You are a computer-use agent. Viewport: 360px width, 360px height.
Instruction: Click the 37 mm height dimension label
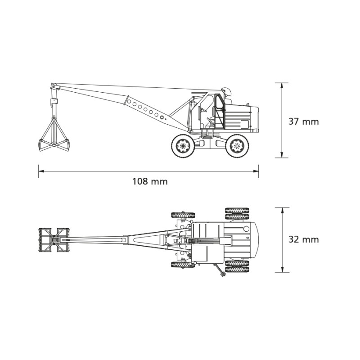pos(303,121)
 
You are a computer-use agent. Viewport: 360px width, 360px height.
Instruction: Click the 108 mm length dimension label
pos(150,181)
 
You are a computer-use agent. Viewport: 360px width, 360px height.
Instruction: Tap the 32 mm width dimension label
pos(303,239)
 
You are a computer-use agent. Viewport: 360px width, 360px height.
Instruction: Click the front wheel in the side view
pos(183,146)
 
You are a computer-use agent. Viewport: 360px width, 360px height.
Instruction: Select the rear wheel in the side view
pos(237,146)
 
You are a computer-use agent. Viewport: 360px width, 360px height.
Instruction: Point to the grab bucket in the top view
pos(54,240)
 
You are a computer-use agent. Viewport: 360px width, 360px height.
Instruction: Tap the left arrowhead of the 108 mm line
pos(41,171)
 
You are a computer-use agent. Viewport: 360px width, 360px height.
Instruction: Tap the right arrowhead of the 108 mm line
pos(256,171)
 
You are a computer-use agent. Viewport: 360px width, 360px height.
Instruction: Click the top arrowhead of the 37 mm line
pos(282,86)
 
